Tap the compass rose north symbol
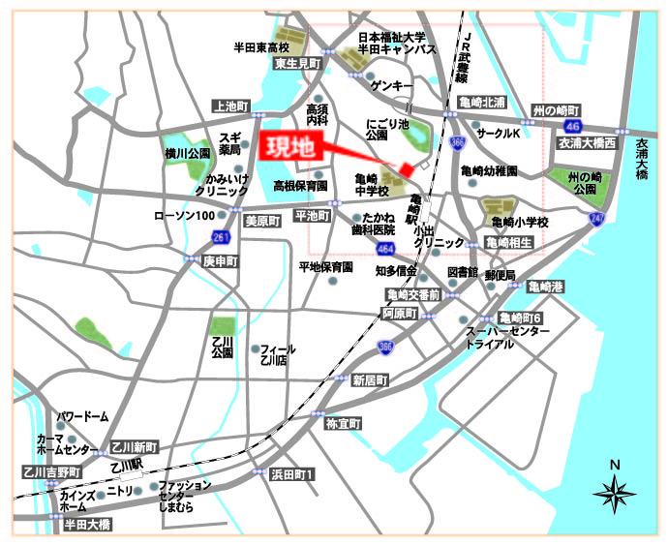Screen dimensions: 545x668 tap(614, 492)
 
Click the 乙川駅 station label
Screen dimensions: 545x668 tap(127, 465)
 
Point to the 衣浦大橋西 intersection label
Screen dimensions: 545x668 tap(584, 141)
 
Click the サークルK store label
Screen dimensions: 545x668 tap(499, 132)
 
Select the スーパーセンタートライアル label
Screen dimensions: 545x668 tap(507, 338)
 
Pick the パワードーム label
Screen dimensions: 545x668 tap(82, 416)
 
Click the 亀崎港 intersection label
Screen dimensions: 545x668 tap(545, 286)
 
